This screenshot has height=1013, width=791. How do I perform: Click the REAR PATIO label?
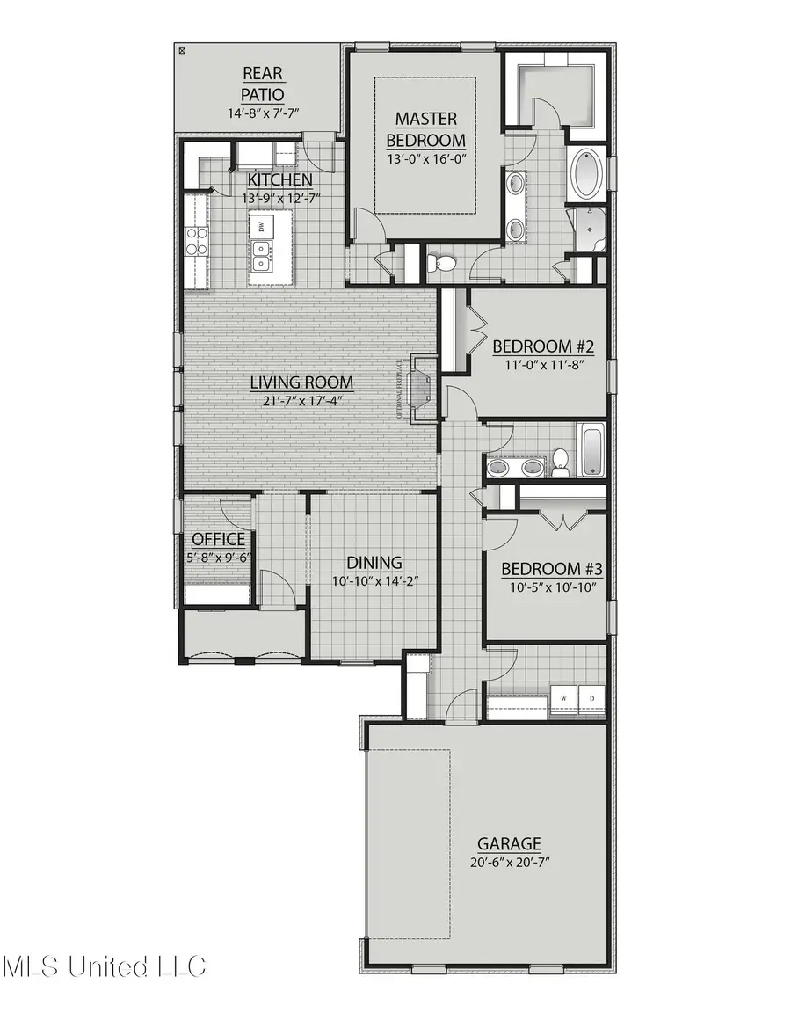tap(263, 84)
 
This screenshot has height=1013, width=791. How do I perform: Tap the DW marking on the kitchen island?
tap(261, 227)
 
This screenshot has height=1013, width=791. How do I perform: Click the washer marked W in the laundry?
tap(563, 698)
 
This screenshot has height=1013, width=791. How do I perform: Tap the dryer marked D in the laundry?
tap(591, 698)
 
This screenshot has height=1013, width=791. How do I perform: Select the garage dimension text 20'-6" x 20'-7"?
tap(509, 863)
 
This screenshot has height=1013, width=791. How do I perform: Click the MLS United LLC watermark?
tap(105, 967)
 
